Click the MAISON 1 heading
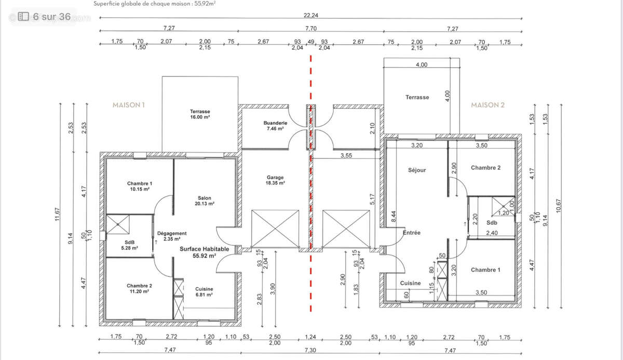(129, 105)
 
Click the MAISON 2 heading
(487, 105)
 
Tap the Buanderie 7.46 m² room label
(275, 126)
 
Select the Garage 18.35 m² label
(275, 180)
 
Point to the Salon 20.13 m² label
(205, 201)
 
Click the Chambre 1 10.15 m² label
(140, 186)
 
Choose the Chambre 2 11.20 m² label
(139, 288)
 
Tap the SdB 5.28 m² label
(130, 245)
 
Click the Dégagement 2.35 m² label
(172, 236)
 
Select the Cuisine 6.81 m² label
(204, 292)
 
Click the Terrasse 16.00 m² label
(200, 114)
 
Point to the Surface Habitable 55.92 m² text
(205, 252)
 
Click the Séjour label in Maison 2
(417, 170)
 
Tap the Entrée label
(412, 233)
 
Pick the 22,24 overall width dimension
(310, 15)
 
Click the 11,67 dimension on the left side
(57, 215)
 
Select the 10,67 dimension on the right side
(559, 206)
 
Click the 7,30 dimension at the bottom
(310, 350)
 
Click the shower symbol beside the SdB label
(118, 224)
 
